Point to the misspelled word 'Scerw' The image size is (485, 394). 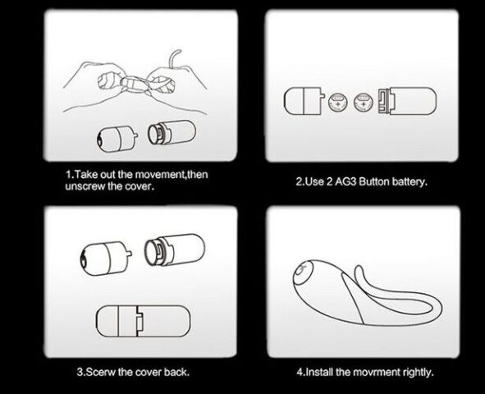(x=100, y=372)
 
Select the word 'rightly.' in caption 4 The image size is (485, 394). (x=419, y=372)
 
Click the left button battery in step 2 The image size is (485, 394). (x=337, y=103)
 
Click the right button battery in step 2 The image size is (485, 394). (x=363, y=103)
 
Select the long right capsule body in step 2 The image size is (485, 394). (x=407, y=101)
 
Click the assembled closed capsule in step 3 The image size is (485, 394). (x=144, y=321)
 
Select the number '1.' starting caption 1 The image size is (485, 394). (x=70, y=175)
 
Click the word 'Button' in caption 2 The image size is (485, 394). (x=374, y=181)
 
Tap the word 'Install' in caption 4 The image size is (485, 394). (x=319, y=372)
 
